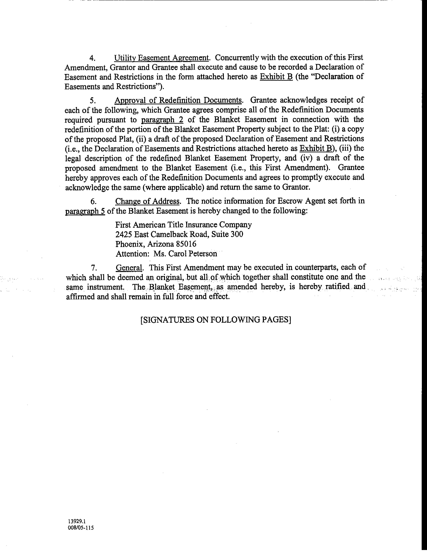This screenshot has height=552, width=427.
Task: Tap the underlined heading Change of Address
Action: (x=147, y=201)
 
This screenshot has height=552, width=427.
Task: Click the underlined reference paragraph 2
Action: (x=162, y=119)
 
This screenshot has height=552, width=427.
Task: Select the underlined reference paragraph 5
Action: (x=85, y=211)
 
